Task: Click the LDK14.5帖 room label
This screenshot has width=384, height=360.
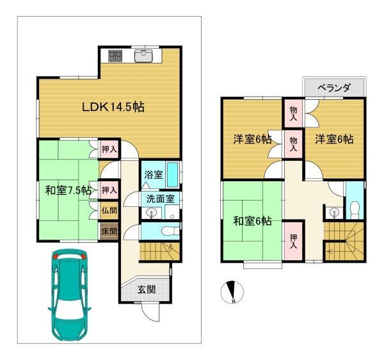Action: [x=112, y=107]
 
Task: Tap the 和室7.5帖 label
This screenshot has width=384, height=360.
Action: [x=68, y=190]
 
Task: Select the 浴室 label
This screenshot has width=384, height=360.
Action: [x=152, y=174]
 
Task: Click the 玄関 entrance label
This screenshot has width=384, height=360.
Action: [x=145, y=290]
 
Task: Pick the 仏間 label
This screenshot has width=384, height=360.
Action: [x=109, y=209]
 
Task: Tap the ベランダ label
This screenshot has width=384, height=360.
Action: [x=333, y=88]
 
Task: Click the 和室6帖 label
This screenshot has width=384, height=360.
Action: [x=253, y=221]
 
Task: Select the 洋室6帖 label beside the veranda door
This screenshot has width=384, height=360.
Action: [x=333, y=138]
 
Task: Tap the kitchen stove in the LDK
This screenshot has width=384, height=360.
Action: [x=115, y=56]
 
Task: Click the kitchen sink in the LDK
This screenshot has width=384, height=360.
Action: [x=144, y=56]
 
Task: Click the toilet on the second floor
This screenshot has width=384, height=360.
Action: [x=355, y=207]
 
